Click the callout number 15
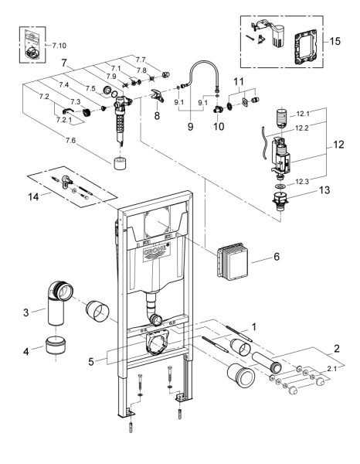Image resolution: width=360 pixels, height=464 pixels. pyautogui.click(x=335, y=41)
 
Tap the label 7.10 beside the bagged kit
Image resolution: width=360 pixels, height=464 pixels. pyautogui.click(x=59, y=46)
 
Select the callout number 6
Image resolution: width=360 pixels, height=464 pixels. pyautogui.click(x=277, y=257)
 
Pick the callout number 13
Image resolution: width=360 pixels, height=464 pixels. pyautogui.click(x=324, y=190)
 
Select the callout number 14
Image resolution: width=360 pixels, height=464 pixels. pyautogui.click(x=33, y=196)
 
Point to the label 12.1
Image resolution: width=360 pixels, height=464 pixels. pyautogui.click(x=303, y=114)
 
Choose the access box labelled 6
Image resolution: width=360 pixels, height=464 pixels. pyautogui.click(x=233, y=260)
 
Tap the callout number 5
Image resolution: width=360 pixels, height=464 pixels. pyautogui.click(x=91, y=361)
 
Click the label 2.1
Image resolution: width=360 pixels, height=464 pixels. pyautogui.click(x=331, y=369)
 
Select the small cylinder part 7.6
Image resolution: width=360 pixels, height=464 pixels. pyautogui.click(x=120, y=164)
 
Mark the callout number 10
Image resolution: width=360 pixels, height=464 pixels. pyautogui.click(x=219, y=126)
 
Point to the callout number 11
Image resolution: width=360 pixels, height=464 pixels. pyautogui.click(x=239, y=81)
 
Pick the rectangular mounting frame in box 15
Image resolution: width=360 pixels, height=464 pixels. pyautogui.click(x=306, y=46)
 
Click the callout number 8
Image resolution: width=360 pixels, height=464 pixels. pyautogui.click(x=157, y=115)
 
